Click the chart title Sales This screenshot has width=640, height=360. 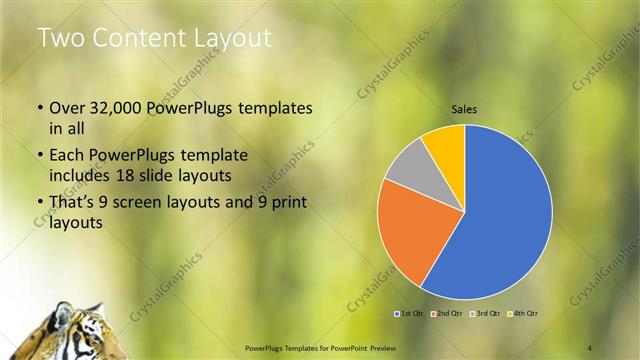pyautogui.click(x=465, y=109)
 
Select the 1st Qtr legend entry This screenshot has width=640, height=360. pyautogui.click(x=409, y=313)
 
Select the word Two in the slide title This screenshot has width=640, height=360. pyautogui.click(x=62, y=38)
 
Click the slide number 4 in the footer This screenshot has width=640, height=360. pyautogui.click(x=590, y=346)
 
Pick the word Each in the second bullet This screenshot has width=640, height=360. pyautogui.click(x=68, y=156)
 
